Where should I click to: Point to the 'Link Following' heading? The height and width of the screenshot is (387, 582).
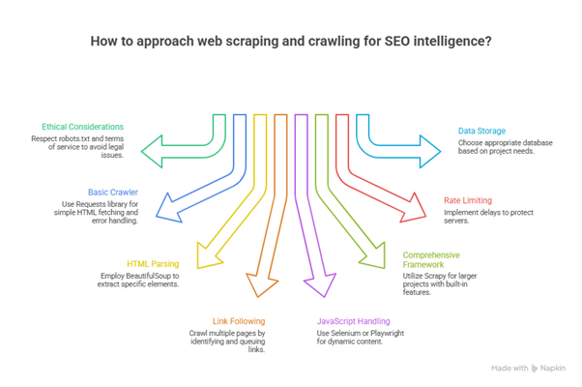238,320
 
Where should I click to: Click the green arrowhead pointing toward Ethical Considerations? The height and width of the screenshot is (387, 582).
152,149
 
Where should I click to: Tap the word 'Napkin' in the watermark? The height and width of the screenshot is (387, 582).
554,368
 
